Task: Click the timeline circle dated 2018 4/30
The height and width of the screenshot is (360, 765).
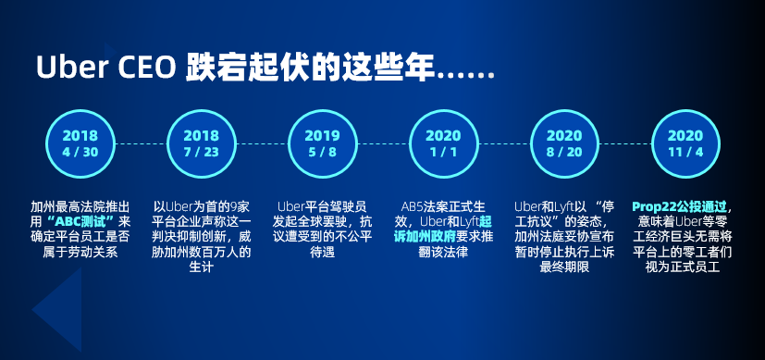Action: (80, 143)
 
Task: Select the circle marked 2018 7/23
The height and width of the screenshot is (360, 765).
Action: (201, 143)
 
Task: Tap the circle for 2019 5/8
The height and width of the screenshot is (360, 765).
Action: (322, 143)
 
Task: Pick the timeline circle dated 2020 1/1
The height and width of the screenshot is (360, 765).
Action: (443, 143)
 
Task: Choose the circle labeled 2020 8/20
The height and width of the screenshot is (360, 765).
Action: (564, 143)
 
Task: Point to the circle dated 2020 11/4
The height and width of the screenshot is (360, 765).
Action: (685, 143)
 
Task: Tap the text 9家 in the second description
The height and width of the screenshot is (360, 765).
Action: (242, 205)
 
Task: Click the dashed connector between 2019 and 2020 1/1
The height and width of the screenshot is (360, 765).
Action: (382, 143)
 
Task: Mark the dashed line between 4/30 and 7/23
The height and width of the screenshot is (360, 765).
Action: (141, 143)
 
